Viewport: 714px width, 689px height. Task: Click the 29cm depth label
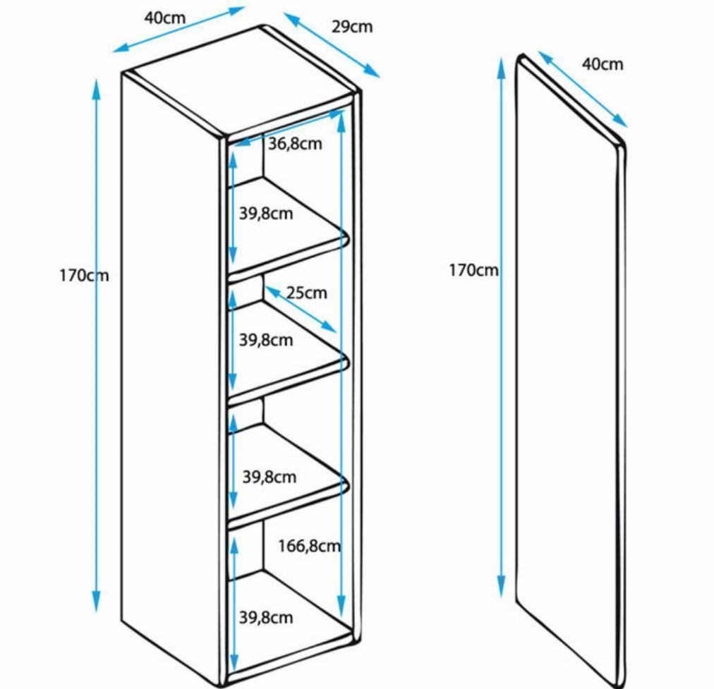351,28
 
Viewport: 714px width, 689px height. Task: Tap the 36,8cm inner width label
295,144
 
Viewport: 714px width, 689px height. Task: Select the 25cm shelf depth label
306,293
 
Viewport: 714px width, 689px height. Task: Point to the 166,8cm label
310,546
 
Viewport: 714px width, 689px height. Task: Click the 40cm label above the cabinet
165,18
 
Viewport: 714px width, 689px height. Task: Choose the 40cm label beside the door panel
603,64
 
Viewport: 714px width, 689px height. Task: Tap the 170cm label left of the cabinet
84,275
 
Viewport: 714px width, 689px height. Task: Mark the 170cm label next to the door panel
473,270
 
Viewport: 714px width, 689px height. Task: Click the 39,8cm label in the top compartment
266,214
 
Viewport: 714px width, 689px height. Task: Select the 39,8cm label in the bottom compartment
266,618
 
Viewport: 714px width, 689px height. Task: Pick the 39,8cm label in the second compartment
266,340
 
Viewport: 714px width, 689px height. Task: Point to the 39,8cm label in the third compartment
269,477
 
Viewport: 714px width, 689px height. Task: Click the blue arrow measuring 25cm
301,310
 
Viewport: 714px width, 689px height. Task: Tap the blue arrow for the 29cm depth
332,45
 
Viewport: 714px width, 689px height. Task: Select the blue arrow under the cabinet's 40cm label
179,30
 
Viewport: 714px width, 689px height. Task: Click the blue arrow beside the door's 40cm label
583,89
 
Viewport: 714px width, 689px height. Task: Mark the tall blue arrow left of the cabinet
96,346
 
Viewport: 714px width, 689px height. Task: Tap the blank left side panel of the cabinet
171,373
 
